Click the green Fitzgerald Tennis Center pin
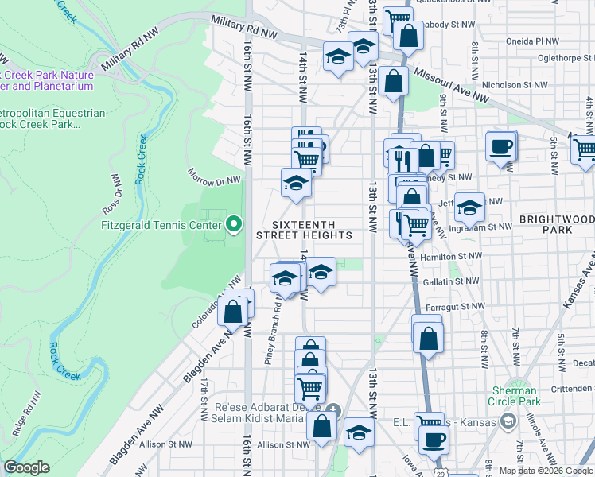(x=233, y=226)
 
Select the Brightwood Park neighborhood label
(x=556, y=223)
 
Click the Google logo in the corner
(x=26, y=467)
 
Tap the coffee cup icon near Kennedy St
(x=500, y=146)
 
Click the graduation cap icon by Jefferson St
(x=469, y=208)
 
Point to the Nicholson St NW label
(x=516, y=83)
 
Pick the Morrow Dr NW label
(x=213, y=177)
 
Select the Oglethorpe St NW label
(x=561, y=56)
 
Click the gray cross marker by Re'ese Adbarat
(x=333, y=411)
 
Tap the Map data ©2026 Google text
(x=546, y=471)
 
